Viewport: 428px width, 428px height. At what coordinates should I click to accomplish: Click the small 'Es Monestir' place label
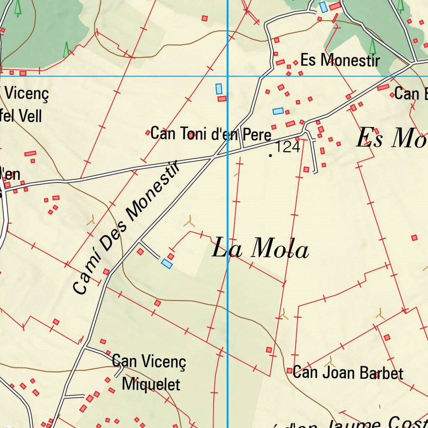point(340,60)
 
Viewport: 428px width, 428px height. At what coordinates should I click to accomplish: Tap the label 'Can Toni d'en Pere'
point(211,134)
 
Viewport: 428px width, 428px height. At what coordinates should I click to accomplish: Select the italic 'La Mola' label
point(260,250)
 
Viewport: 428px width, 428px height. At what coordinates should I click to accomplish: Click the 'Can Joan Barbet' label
point(348,372)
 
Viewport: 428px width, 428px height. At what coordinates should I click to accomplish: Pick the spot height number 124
point(288,147)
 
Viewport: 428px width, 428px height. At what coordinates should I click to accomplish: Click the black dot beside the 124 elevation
point(271,155)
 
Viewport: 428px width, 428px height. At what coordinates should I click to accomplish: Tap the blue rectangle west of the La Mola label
point(167,263)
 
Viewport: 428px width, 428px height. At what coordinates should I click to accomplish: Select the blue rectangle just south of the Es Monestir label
point(278,111)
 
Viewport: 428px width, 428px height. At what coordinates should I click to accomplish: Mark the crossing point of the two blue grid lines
point(227,76)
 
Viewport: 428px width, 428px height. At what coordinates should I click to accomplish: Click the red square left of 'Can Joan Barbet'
point(289,371)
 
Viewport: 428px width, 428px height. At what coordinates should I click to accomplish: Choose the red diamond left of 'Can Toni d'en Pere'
point(148,133)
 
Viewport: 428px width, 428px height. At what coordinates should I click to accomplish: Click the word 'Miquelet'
point(151,384)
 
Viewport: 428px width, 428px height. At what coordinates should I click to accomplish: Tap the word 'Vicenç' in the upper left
point(27,94)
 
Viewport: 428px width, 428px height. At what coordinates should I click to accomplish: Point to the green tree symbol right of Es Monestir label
point(372,46)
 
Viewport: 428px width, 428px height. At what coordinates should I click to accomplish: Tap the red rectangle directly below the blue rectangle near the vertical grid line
point(222,99)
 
